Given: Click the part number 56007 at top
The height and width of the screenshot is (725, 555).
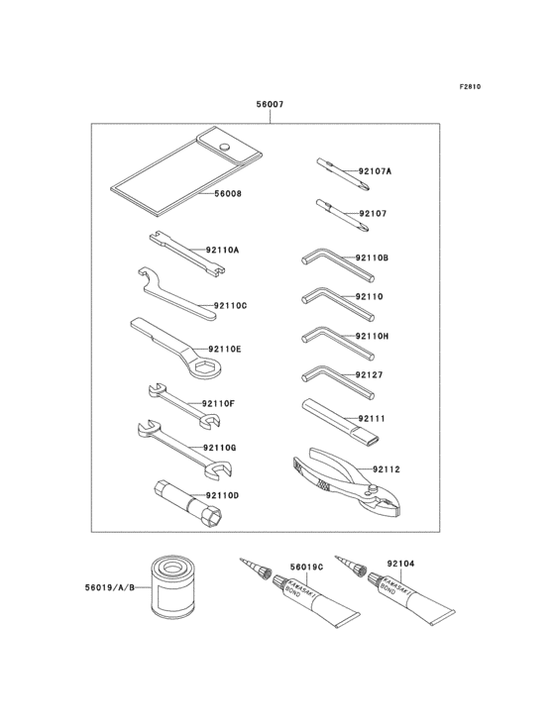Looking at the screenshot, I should point(270,103).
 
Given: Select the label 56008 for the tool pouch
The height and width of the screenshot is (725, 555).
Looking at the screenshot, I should point(228,194).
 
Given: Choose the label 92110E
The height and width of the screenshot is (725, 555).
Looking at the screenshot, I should point(224,350).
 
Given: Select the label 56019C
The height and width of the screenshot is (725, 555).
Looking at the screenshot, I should point(306,568).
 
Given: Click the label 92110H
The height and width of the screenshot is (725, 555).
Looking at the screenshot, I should point(372,336).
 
